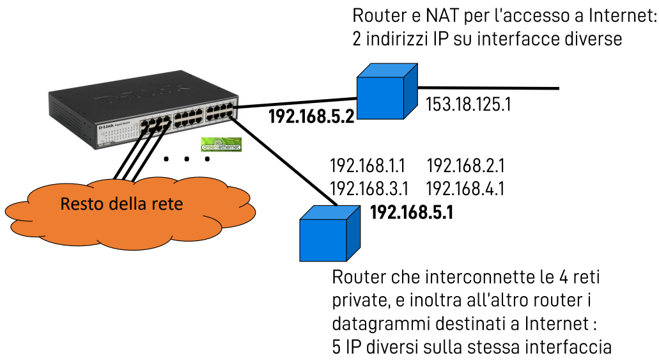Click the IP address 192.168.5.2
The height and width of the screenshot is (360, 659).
pos(311,116)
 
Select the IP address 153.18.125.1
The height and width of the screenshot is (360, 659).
pos(468,104)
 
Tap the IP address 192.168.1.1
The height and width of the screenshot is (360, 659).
pos(368,167)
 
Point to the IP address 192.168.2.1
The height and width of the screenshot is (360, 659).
pos(465,167)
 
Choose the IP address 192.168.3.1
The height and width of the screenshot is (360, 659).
pos(369,189)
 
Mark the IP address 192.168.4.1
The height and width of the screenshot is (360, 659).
pos(465,189)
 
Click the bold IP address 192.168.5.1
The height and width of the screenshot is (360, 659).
pos(412,212)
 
